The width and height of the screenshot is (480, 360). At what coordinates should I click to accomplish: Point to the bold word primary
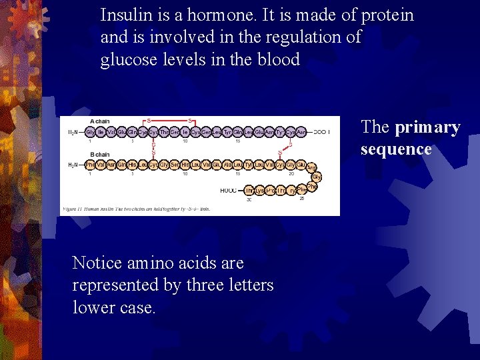pos(427,127)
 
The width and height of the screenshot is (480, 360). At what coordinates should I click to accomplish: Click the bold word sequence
pos(396,149)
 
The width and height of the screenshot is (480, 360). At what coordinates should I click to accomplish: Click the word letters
pos(249,285)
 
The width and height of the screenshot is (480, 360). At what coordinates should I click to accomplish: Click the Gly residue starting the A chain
pos(90,132)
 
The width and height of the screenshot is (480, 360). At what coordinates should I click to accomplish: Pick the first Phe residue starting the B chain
pos(90,165)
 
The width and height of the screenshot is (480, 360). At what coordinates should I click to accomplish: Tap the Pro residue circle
pos(271,191)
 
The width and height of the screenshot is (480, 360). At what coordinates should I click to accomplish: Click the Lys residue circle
pos(260,191)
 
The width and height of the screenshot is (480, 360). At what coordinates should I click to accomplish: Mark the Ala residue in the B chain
pos(227,165)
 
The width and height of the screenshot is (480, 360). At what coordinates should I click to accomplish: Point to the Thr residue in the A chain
pos(165,132)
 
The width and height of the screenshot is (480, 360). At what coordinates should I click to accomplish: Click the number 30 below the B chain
pos(249,199)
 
